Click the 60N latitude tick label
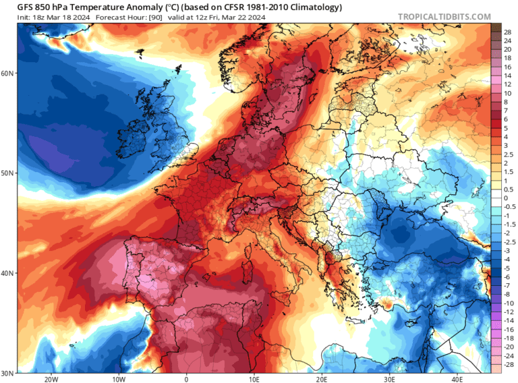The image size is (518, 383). click(x=7, y=73)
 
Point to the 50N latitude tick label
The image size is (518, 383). click(x=7, y=173)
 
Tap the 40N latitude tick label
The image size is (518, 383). click(x=7, y=274)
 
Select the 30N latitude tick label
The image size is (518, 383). click(x=7, y=373)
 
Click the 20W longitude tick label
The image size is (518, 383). click(x=51, y=379)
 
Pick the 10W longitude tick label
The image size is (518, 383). click(x=118, y=379)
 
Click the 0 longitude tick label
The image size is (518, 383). click(x=186, y=379)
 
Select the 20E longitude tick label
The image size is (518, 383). click(x=322, y=379)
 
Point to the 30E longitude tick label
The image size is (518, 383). click(x=389, y=379)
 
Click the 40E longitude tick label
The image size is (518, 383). click(x=457, y=379)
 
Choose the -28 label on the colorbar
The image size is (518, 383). click(x=508, y=363)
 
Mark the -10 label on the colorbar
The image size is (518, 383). click(x=508, y=303)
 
